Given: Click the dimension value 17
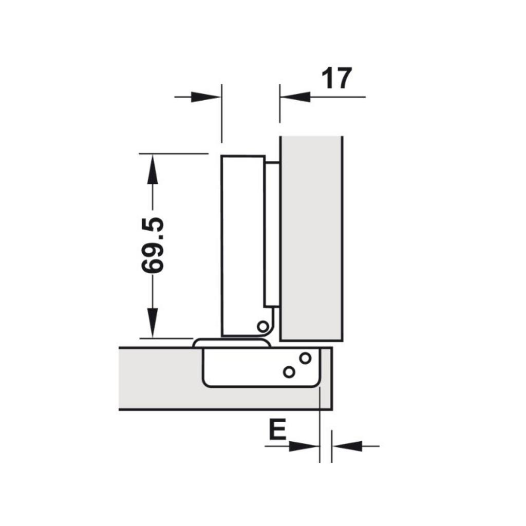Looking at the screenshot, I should [337, 79].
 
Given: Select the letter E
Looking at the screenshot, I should [277, 430].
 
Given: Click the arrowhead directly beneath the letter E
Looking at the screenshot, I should [303, 446].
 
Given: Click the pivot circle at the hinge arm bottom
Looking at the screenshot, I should [262, 326].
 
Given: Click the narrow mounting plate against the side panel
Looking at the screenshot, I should [272, 231].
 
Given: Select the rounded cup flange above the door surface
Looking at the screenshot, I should [231, 343].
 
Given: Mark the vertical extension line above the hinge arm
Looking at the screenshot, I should [221, 113].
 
